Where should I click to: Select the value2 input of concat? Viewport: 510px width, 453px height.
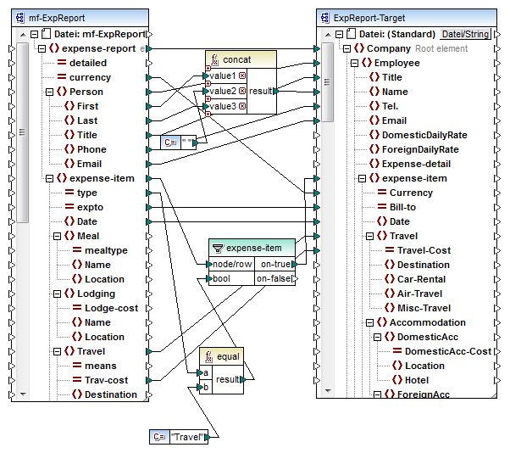224,91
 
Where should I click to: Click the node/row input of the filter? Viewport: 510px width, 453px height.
231,264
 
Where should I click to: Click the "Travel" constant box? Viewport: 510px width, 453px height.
189,437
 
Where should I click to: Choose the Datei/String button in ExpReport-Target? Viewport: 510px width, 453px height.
465,34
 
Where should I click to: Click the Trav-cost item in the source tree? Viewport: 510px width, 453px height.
106,380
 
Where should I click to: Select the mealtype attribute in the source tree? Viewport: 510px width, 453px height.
106,250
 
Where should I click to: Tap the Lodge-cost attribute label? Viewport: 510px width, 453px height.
111,308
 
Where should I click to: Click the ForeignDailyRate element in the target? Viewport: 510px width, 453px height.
419,149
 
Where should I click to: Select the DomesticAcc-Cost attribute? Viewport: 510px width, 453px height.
447,351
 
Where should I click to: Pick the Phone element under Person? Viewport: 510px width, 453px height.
91,149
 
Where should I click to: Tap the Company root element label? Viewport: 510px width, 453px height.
389,48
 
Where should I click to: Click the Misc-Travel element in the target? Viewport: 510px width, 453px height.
424,308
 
